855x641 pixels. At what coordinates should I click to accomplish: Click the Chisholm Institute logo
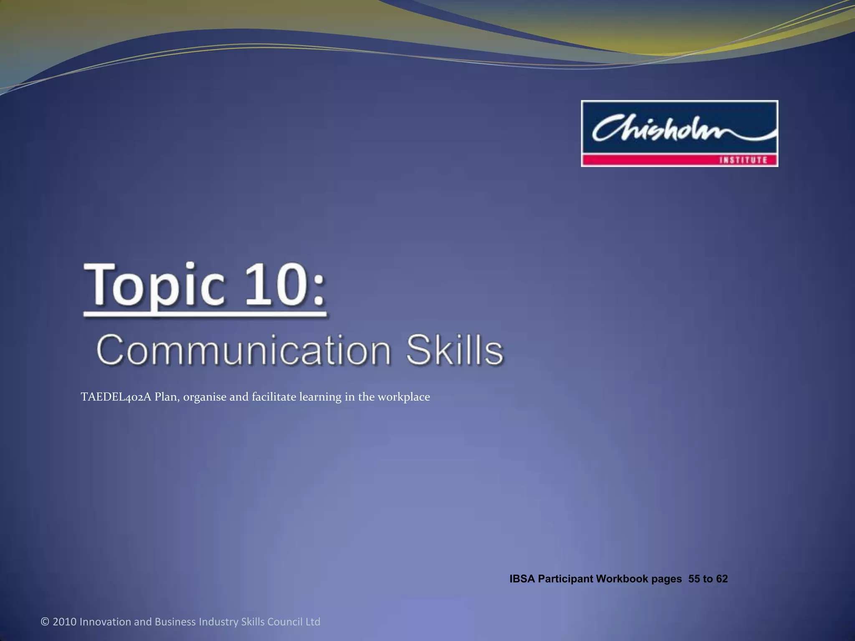click(679, 133)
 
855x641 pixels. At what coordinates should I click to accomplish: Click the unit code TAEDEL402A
click(116, 396)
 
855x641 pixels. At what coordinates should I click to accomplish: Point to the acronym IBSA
click(522, 579)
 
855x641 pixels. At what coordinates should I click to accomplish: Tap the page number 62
click(721, 579)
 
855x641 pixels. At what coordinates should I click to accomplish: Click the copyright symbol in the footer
click(45, 622)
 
